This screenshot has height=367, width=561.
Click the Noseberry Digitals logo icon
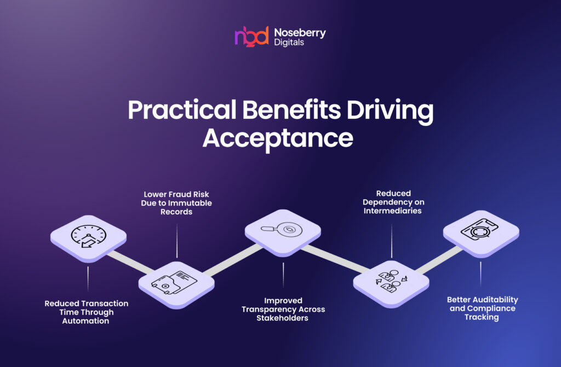click(251, 36)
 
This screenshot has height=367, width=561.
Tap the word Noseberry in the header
click(300, 33)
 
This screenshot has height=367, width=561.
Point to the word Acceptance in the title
click(278, 138)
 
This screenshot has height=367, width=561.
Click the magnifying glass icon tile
click(283, 230)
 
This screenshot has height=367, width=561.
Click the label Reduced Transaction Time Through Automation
click(87, 312)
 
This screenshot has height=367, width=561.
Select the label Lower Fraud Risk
click(176, 203)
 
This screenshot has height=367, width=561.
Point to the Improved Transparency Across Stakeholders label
click(283, 309)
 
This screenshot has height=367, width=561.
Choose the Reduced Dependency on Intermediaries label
click(392, 202)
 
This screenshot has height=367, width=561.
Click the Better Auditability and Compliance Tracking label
click(482, 308)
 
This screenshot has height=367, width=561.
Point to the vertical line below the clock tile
click(88, 279)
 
